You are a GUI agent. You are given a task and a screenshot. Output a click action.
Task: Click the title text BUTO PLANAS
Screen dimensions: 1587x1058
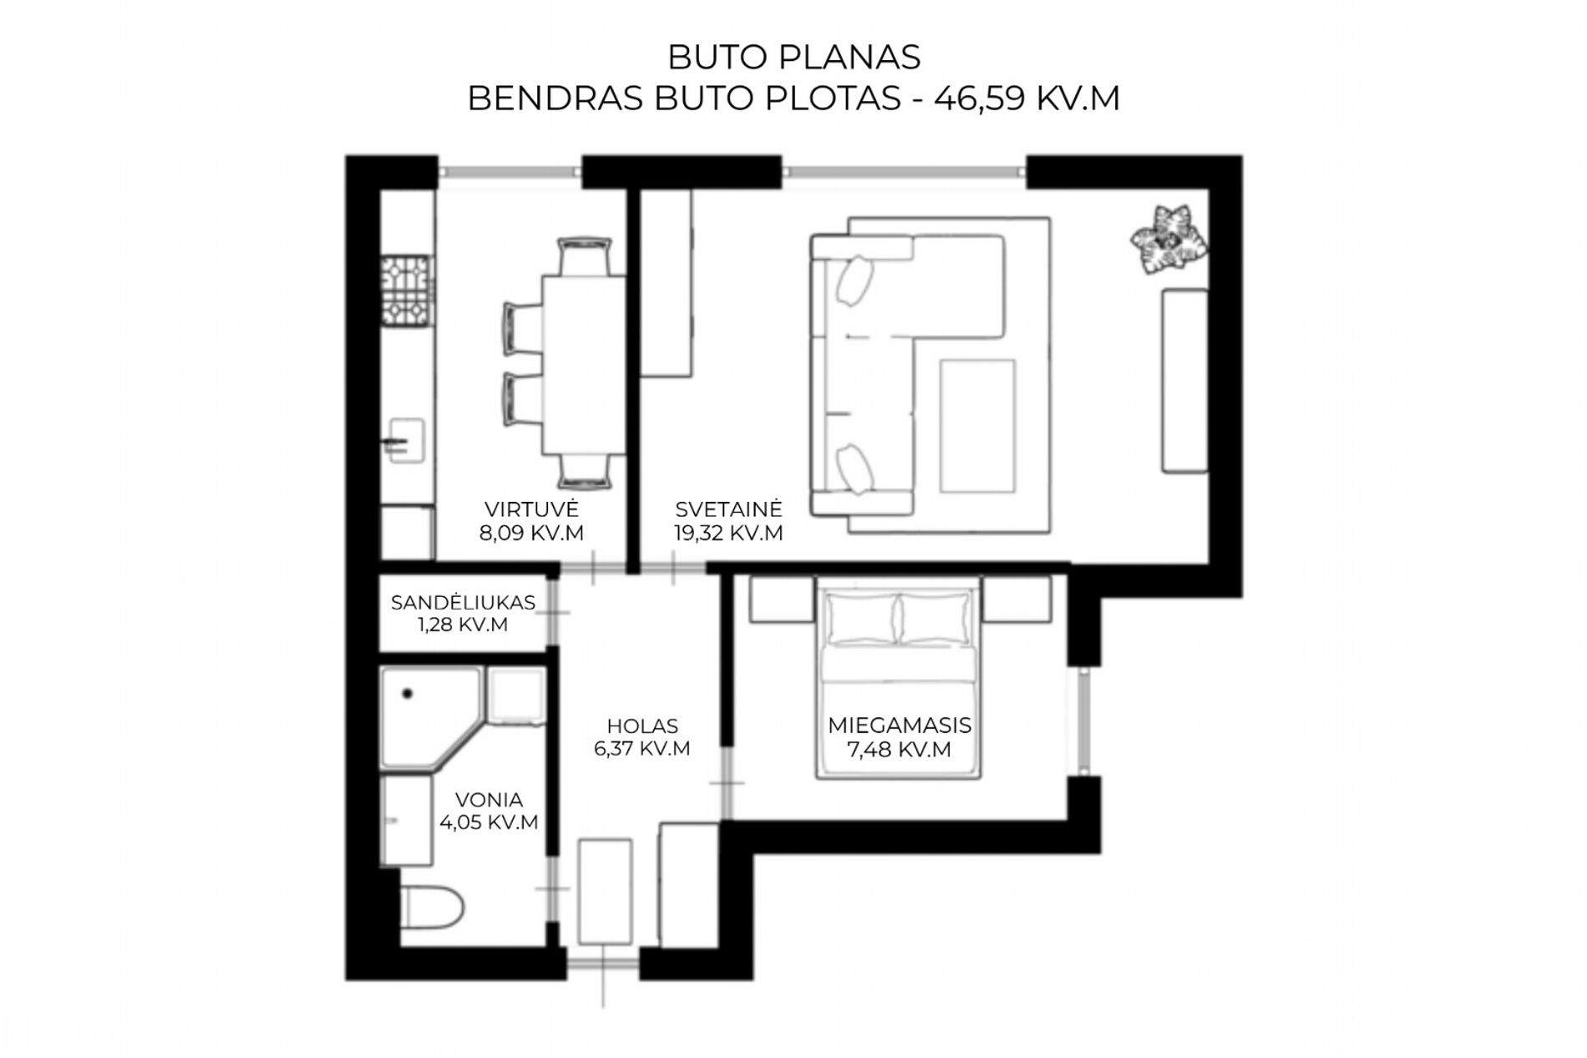793,58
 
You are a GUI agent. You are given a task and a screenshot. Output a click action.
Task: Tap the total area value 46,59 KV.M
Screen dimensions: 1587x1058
1027,99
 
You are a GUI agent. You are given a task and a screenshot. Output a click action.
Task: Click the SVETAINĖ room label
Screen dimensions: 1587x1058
729,509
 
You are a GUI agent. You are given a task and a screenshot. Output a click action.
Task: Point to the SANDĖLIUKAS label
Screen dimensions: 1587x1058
463,602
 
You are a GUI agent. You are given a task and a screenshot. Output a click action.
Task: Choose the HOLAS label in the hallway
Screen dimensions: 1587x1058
642,726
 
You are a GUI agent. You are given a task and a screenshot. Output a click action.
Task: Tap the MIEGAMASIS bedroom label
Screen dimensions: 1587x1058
900,726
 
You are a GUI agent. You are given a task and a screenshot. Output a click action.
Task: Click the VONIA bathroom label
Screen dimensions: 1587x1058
489,799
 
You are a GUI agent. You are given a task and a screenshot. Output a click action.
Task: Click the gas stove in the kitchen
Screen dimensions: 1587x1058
406,291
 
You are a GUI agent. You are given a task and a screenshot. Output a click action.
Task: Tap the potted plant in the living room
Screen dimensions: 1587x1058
1168,238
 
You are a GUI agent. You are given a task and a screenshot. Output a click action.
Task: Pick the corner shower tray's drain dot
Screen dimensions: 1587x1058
408,693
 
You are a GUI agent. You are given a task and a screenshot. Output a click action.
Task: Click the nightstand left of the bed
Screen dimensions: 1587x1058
782,600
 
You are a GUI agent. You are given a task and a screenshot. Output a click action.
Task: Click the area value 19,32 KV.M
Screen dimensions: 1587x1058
729,534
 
